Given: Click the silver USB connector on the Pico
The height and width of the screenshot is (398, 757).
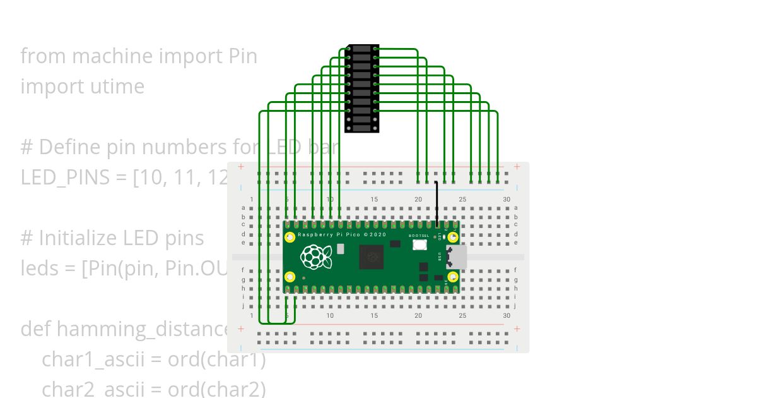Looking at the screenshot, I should coord(457,257).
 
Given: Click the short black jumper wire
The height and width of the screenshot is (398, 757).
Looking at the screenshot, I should coord(437,203).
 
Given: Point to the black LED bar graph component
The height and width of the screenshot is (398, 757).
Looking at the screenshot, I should coord(361,88).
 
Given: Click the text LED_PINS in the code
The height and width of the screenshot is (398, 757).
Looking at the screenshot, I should coord(65,178).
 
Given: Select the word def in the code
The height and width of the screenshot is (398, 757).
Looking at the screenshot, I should coord(36,329).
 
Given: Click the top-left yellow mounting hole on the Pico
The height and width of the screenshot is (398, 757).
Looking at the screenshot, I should coord(290,238).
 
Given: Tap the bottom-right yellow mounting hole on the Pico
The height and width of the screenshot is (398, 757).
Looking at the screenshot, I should coord(452,277).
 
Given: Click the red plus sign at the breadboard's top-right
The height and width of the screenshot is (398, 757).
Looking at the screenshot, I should coord(517,167).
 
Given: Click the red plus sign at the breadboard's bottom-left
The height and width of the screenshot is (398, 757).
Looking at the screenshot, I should coord(240,329).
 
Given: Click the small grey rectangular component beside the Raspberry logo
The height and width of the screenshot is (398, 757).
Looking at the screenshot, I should coord(341,249).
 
